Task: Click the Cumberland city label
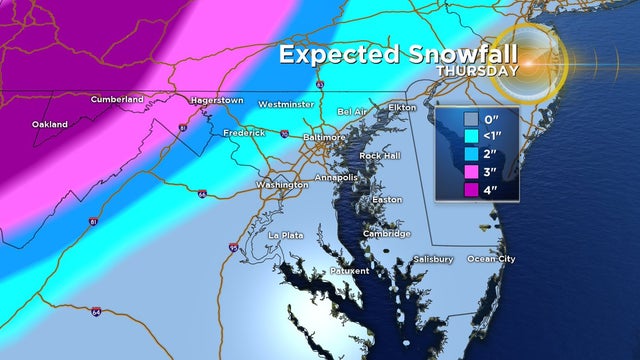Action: [117, 99]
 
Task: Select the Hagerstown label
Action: [217, 100]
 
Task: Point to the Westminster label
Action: [286, 104]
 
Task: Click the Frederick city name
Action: [244, 132]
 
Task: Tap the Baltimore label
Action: [323, 136]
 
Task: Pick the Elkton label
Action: [402, 106]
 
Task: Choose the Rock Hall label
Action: [381, 156]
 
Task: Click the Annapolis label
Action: [336, 177]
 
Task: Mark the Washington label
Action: [281, 185]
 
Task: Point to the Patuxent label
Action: [350, 271]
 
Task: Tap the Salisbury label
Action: [432, 259]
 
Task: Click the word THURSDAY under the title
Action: [478, 71]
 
